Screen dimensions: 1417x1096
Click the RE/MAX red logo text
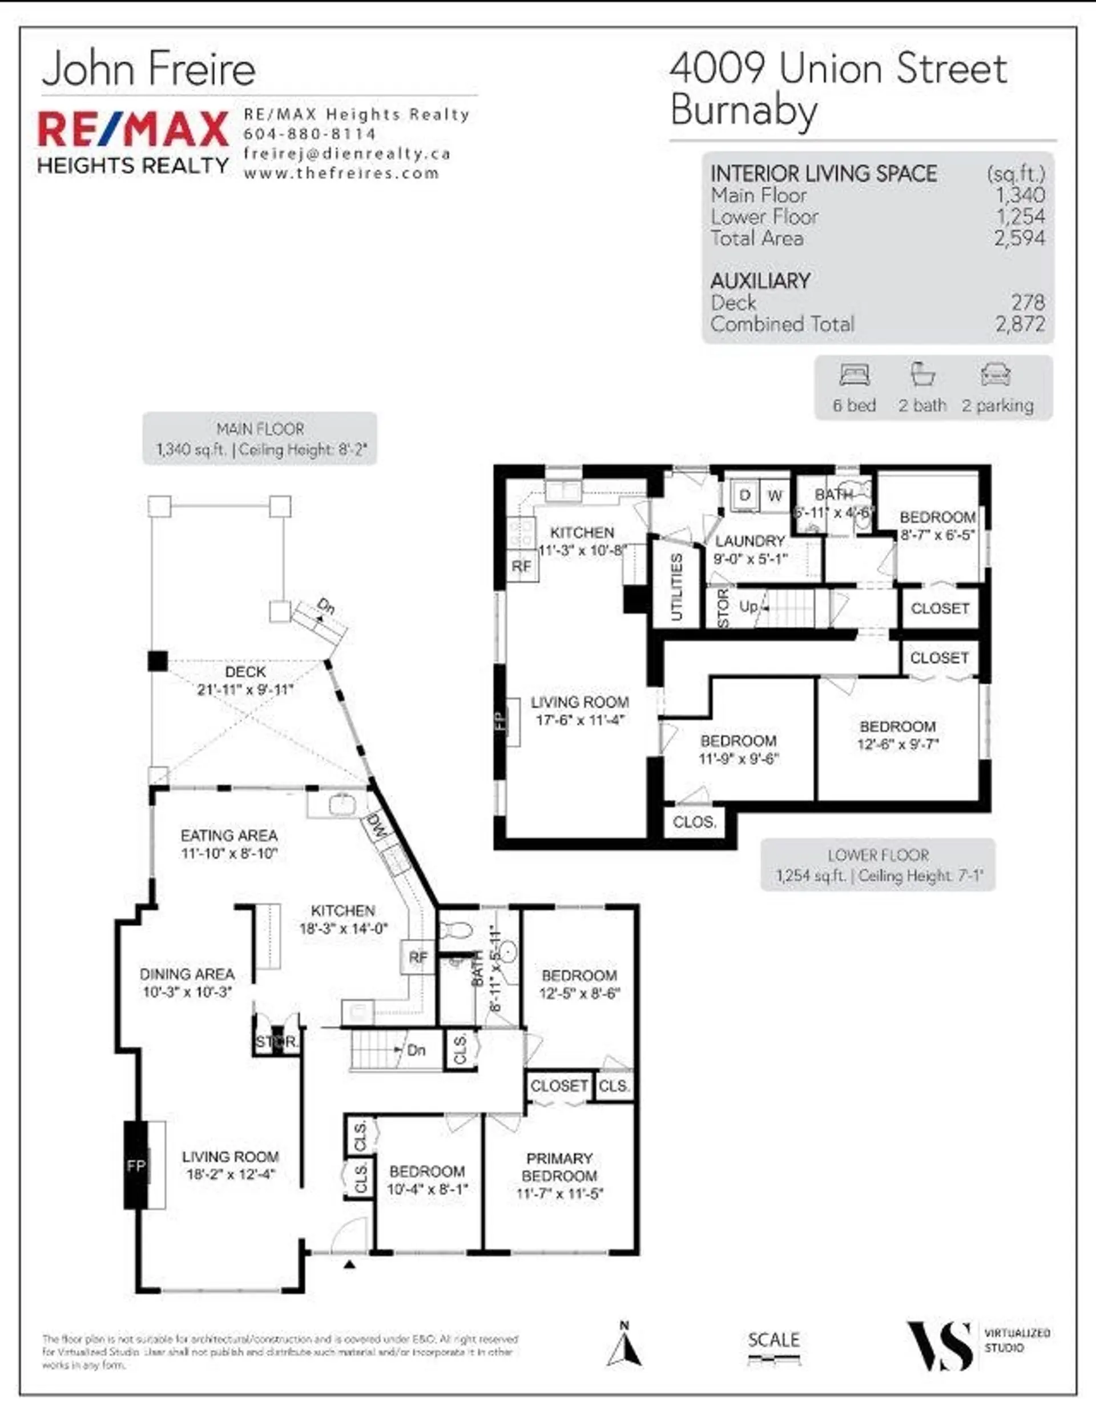tap(133, 129)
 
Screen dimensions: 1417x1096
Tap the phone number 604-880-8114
tap(309, 134)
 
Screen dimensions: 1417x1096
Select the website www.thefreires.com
tap(341, 173)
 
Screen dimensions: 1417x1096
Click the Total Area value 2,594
tap(1020, 238)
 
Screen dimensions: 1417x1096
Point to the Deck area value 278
tap(1028, 302)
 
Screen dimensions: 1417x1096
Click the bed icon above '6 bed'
tap(854, 375)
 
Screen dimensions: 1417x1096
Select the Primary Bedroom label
tap(559, 1167)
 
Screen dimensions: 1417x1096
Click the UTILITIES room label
tap(676, 587)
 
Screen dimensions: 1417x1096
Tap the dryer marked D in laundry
tap(745, 496)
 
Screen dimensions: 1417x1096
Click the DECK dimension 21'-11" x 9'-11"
tap(245, 689)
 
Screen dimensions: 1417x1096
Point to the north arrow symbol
tap(624, 1345)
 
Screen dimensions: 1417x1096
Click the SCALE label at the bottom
tap(773, 1340)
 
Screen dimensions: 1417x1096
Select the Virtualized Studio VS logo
tap(938, 1346)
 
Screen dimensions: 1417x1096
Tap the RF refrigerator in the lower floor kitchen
tap(521, 567)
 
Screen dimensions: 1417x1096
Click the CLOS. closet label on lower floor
tap(695, 822)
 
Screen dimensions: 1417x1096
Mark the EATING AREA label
tap(229, 836)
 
